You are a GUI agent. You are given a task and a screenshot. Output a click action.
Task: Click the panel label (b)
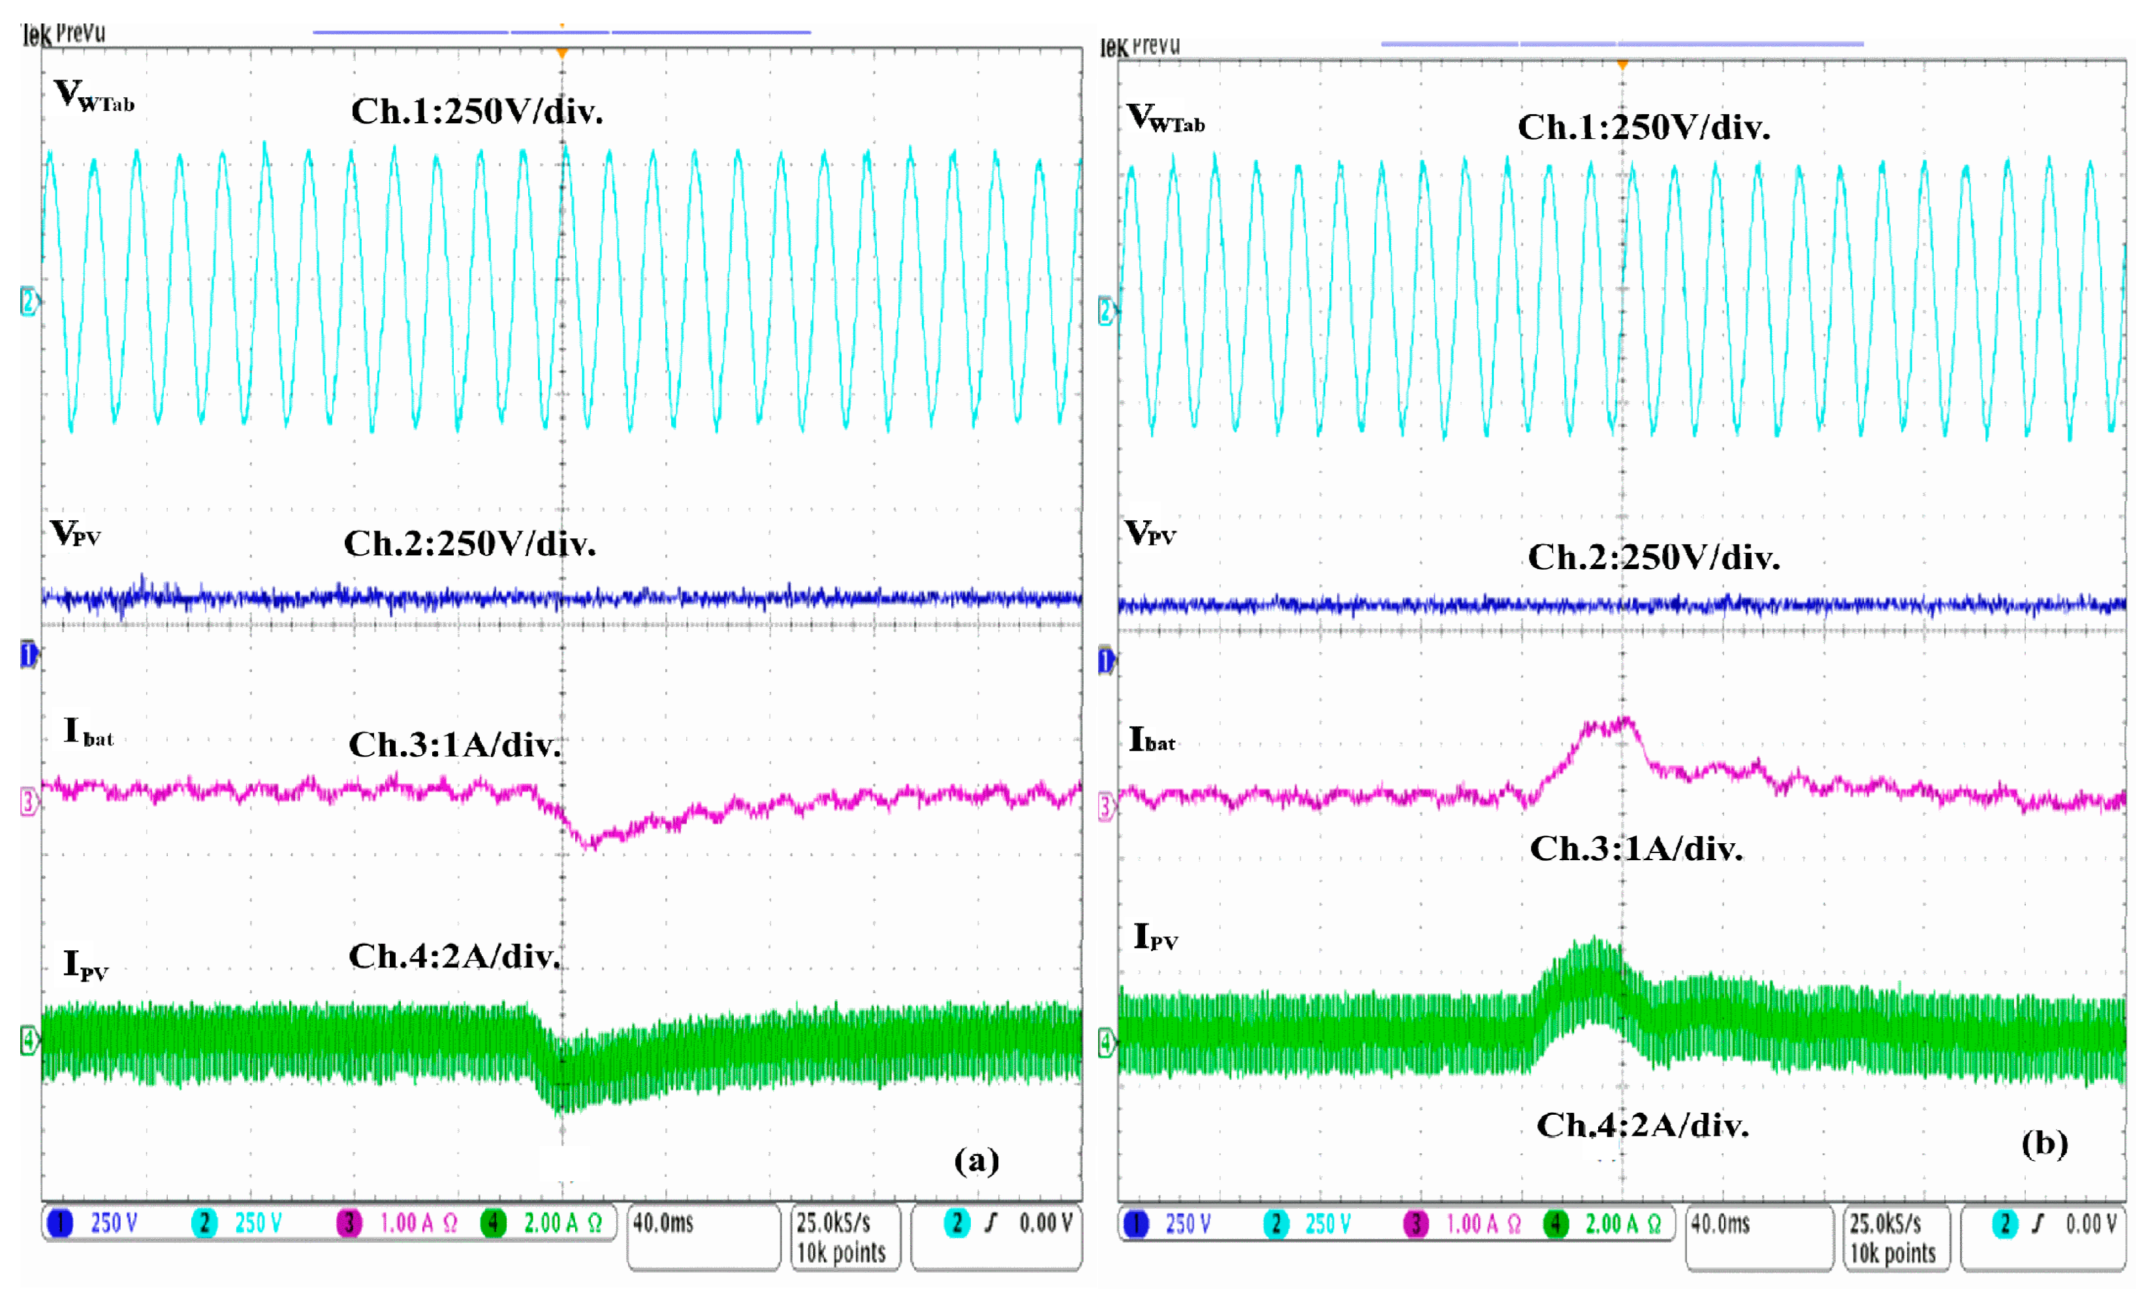click(x=2043, y=1142)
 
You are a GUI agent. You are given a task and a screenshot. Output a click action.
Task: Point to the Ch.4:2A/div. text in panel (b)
click(x=1641, y=1125)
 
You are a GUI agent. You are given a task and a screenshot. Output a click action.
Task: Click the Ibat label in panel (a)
click(x=87, y=732)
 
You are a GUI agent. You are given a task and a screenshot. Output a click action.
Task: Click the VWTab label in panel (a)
click(x=93, y=95)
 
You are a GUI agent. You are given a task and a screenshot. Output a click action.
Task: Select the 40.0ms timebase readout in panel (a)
click(x=663, y=1223)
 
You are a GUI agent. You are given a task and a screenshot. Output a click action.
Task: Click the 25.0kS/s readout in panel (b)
click(x=1884, y=1224)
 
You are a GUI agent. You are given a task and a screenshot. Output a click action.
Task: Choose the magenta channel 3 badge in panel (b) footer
click(x=1415, y=1224)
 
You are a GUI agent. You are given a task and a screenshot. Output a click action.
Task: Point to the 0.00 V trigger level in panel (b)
click(x=2089, y=1224)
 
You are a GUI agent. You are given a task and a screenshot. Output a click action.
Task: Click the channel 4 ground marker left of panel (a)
click(x=28, y=1040)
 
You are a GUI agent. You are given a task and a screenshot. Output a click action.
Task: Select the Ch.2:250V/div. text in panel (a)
click(x=469, y=544)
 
